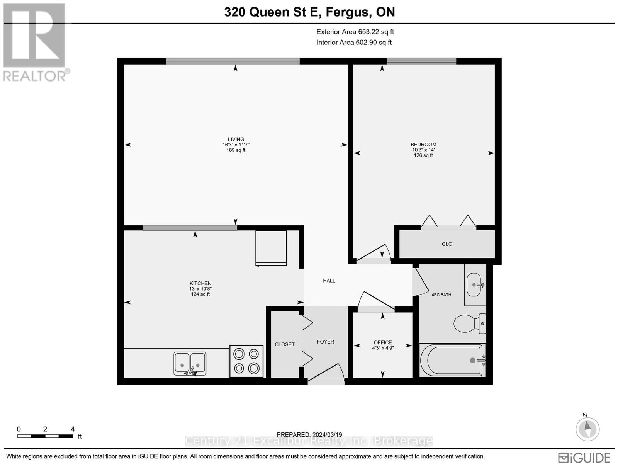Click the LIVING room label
coord(236,139)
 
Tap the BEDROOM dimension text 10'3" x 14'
coord(423,150)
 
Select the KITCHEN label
coord(200,283)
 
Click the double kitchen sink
coord(190,364)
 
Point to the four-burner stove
coord(246,361)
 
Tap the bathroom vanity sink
coord(475,285)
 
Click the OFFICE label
coord(383,342)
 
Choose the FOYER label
coord(326,342)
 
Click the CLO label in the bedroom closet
coord(447,244)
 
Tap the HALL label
coord(329,281)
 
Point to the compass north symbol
coord(587,428)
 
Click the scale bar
coord(45,436)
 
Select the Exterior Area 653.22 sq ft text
coord(355,32)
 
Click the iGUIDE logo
coord(584,457)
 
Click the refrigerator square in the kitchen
coord(271,248)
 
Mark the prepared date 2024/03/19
coord(309,435)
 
